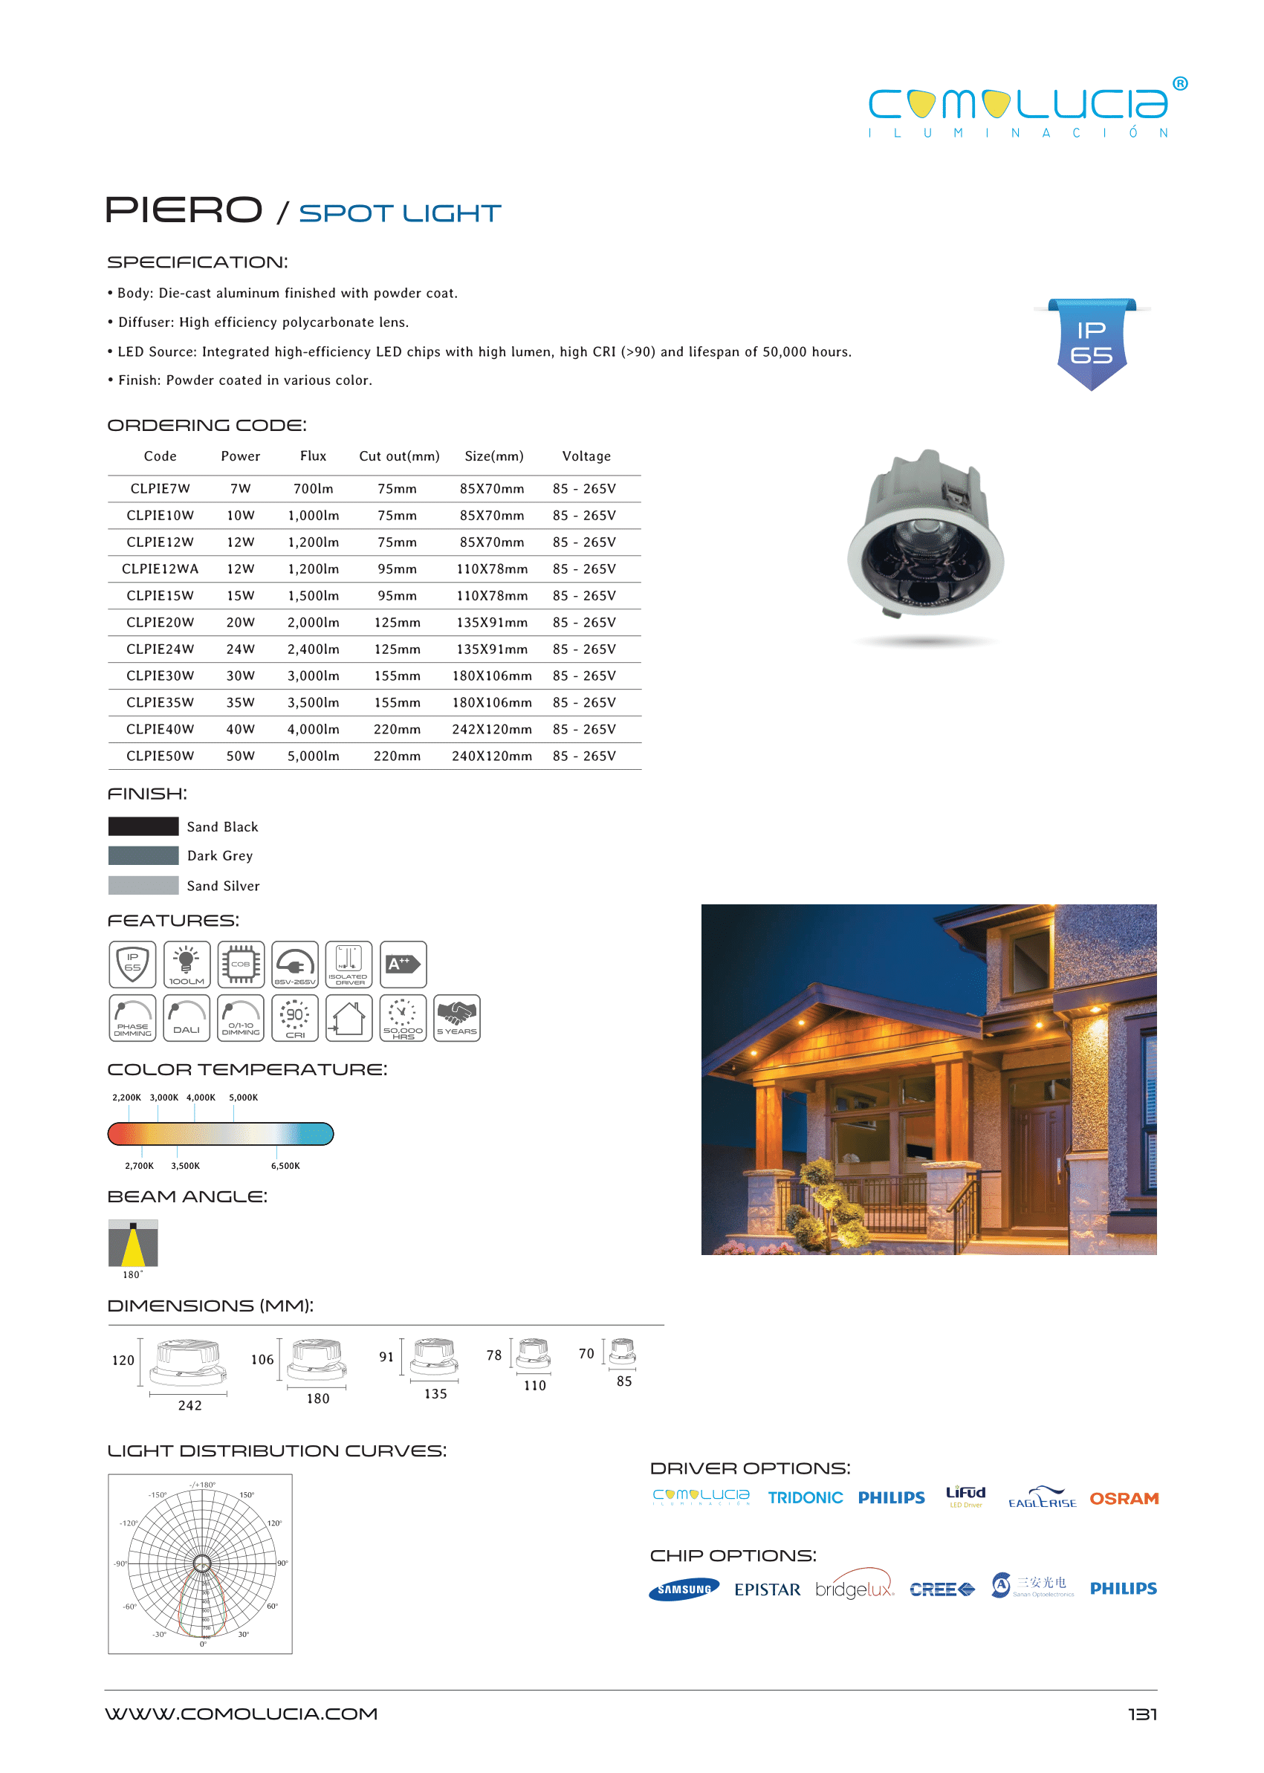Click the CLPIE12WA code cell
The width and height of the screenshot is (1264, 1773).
160,569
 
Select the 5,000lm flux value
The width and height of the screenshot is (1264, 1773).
313,756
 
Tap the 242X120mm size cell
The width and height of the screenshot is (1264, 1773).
492,729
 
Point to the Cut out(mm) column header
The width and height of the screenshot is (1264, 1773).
398,456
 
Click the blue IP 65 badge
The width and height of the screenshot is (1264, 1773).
1091,343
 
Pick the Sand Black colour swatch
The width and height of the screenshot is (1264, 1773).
143,826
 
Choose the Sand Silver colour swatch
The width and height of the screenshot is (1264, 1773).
143,885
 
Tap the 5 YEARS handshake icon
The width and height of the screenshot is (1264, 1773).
456,1017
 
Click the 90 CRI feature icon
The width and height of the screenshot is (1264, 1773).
295,1017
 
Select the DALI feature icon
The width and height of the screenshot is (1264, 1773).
187,1017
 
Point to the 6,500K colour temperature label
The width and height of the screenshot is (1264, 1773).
285,1165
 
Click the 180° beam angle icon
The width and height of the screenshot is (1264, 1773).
133,1243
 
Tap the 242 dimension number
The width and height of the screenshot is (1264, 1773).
190,1405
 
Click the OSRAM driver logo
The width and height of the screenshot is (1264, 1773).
1123,1498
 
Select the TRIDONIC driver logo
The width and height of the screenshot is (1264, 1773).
805,1497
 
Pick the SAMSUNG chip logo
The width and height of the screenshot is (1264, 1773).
684,1589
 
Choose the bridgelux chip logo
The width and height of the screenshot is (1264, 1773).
854,1589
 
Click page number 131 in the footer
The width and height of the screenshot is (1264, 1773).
1142,1714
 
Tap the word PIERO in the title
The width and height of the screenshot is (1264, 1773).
184,210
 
